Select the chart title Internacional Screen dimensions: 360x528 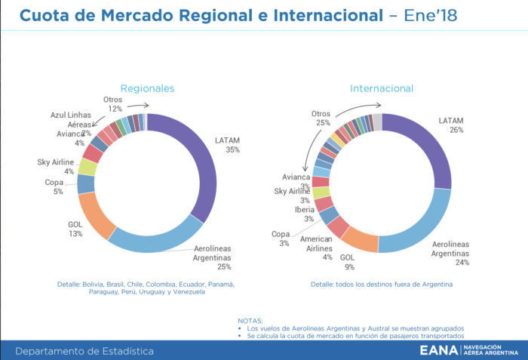381,88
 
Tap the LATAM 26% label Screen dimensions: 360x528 451,125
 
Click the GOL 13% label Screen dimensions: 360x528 75,229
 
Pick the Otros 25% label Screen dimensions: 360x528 321,118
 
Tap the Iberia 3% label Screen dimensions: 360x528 305,214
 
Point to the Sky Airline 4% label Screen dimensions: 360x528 55,166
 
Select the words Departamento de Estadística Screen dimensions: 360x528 84,351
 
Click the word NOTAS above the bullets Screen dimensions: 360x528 250,321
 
